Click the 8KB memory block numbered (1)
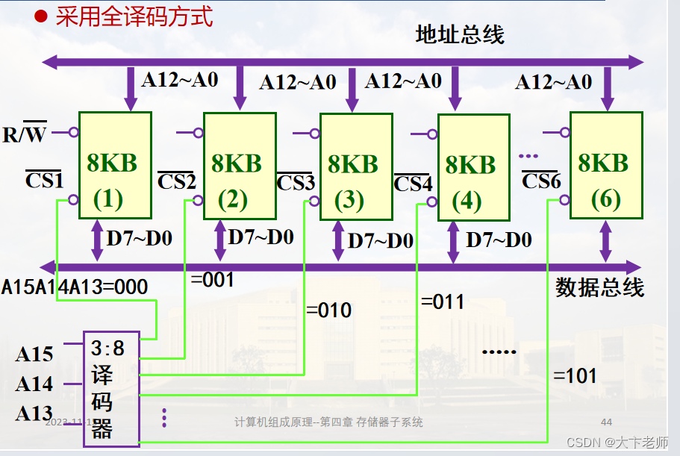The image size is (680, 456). [x=115, y=165]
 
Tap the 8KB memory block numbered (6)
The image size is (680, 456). [x=605, y=166]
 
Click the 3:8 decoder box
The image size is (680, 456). [x=110, y=388]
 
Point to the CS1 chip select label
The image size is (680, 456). [x=44, y=180]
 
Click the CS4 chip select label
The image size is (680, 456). [x=413, y=184]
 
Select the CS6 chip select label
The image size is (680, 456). [x=541, y=181]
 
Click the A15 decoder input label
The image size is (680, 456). [x=34, y=354]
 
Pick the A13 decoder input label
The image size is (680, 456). [x=34, y=413]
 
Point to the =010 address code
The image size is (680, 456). [x=328, y=310]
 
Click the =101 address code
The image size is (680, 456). [x=575, y=375]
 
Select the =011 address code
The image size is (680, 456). [x=443, y=302]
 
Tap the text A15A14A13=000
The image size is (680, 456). [x=75, y=287]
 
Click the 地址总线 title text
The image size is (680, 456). [x=460, y=34]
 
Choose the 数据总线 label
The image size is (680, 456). [x=599, y=287]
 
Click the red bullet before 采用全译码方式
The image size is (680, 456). [x=43, y=16]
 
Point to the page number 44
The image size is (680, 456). [x=606, y=422]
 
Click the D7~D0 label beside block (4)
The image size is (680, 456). [x=499, y=240]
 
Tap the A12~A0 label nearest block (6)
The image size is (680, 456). [x=553, y=81]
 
